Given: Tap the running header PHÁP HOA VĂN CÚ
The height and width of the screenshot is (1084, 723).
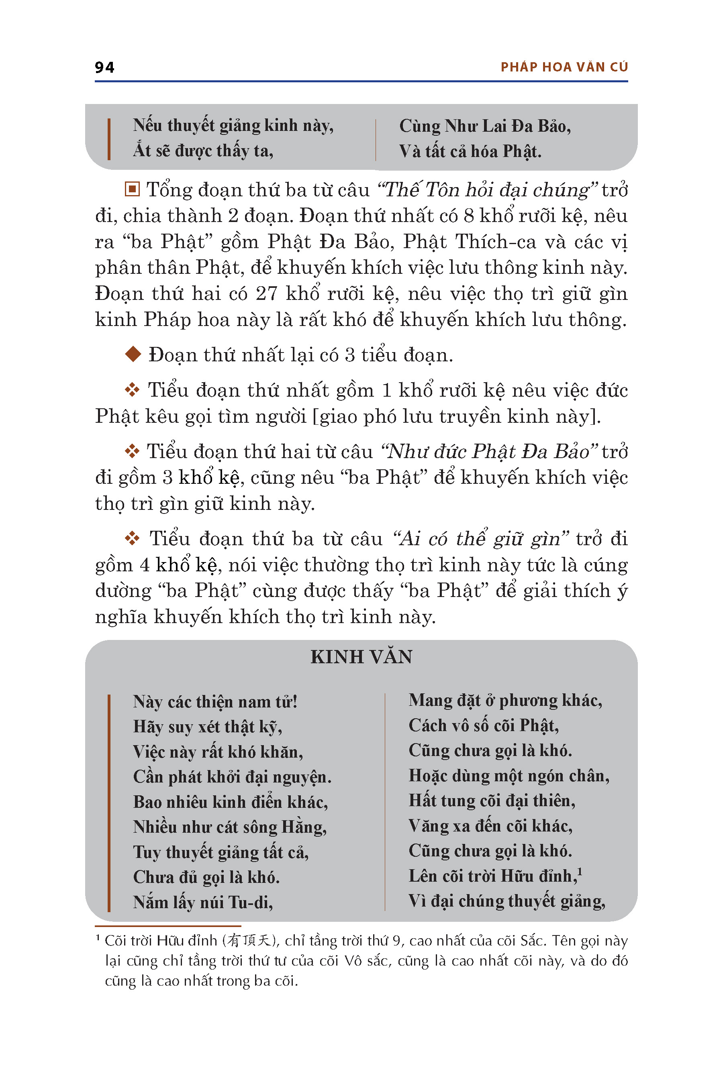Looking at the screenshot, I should [x=564, y=67].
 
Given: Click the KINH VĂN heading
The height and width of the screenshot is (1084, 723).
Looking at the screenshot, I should [x=361, y=657].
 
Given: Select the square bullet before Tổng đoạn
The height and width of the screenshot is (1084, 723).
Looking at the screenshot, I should [x=132, y=189].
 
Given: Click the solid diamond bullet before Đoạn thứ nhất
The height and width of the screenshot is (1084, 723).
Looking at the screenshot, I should [x=133, y=354].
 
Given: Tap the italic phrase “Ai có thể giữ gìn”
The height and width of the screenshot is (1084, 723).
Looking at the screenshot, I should [x=480, y=538].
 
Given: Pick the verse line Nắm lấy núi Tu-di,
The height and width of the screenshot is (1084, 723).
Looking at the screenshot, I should [x=203, y=902].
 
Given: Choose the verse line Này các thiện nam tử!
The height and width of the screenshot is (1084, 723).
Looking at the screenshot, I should [x=215, y=701].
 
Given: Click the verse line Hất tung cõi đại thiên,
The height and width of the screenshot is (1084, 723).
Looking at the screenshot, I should [x=492, y=801].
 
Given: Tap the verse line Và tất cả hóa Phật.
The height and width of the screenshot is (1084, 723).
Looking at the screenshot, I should [x=470, y=151].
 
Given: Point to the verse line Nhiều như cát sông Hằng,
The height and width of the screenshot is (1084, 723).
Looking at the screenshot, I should [x=230, y=827].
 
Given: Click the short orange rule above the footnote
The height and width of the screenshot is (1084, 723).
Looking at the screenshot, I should [x=168, y=926].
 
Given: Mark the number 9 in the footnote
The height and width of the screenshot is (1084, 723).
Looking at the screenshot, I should [x=397, y=940].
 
